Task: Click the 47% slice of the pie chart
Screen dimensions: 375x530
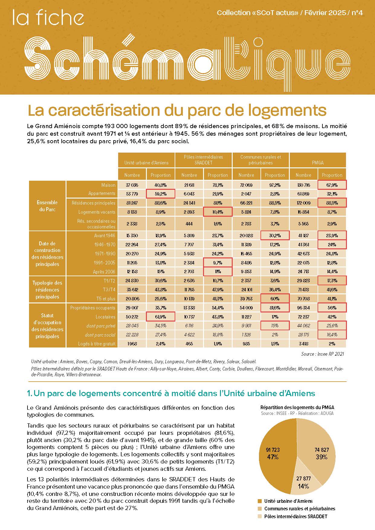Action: coord(273,456)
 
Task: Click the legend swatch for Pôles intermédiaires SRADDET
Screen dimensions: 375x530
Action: coord(260,516)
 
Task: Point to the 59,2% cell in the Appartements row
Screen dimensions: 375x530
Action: coord(160,194)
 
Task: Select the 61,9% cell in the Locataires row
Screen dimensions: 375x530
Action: coord(160,317)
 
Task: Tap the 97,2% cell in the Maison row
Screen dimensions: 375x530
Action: coord(275,185)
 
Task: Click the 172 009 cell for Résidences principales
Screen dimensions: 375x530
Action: coord(303,203)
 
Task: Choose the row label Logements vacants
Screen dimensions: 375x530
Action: coord(97,212)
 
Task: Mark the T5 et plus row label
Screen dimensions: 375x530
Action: coord(106,299)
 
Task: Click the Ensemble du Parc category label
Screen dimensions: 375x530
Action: coord(47,206)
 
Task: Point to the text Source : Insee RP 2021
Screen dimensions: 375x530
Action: coord(322,354)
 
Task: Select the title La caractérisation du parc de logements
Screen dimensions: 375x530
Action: coord(177,110)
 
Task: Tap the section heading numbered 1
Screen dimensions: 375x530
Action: coord(171,393)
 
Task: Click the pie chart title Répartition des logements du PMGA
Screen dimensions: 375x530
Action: coord(297,407)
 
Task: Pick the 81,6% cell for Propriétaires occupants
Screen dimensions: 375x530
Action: coord(275,308)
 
